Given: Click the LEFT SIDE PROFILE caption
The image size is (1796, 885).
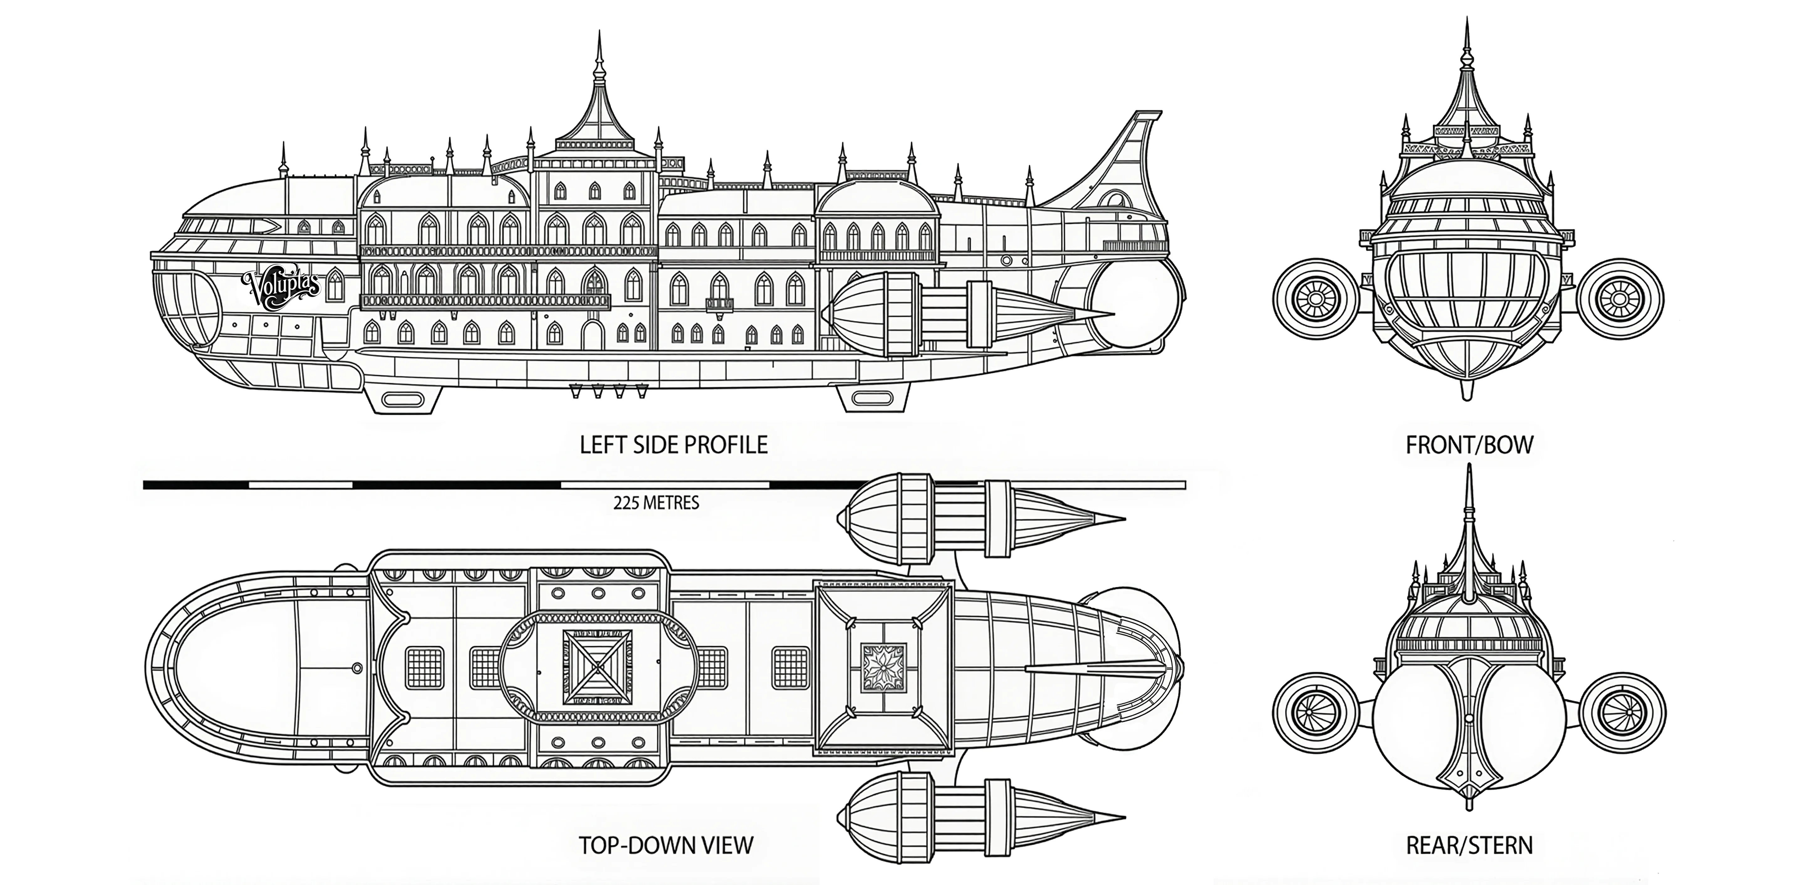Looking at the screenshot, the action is [674, 445].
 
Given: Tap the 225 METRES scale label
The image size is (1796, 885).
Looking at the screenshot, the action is [656, 503].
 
